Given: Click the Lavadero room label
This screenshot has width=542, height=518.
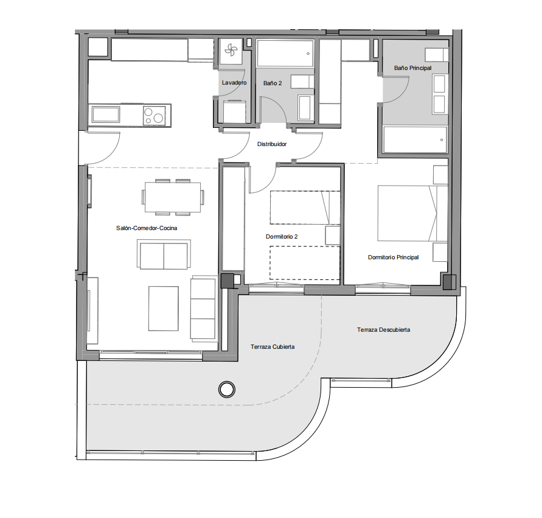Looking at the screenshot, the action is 234,83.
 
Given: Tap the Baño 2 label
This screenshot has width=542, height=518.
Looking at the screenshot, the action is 273,83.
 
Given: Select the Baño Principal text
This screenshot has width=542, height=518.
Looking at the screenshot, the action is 412,68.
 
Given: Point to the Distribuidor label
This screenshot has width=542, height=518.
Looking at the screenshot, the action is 272,144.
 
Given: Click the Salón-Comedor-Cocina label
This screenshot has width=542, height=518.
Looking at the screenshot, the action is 147,228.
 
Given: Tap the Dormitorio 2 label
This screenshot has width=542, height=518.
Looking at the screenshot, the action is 282,237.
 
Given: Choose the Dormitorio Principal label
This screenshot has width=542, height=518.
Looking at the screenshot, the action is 393,257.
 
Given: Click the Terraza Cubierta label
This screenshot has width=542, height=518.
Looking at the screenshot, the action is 273,347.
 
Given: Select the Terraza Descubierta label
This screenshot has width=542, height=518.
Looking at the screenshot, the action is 383,330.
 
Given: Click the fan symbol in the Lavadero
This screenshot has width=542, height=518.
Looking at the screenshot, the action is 231,51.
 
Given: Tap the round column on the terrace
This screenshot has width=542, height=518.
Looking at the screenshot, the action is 227,390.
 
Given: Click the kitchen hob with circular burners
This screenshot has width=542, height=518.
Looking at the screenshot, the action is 154,115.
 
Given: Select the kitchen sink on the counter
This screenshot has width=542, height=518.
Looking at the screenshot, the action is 105,114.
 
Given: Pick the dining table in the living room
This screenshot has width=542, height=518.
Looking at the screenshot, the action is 173,197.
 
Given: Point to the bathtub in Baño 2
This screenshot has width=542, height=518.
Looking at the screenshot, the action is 285,53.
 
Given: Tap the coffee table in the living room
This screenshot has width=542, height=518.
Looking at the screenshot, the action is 164,309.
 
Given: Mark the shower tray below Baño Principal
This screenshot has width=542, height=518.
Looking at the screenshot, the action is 415,140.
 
